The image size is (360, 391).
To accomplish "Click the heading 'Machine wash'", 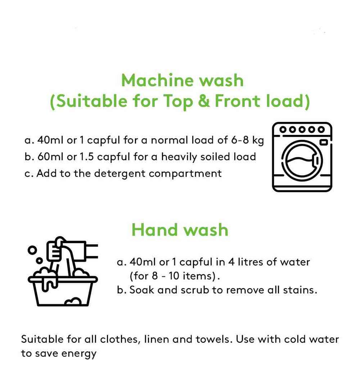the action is click(x=182, y=80).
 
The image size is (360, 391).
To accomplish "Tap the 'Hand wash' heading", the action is click(x=180, y=229).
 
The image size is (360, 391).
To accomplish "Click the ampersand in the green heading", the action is click(x=204, y=101).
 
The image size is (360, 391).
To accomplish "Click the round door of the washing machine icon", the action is click(x=302, y=161).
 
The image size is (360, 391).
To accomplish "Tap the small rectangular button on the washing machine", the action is click(x=324, y=142).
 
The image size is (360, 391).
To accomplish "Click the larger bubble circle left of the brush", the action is click(x=32, y=250).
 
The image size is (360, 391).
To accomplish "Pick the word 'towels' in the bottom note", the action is click(x=212, y=339).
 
